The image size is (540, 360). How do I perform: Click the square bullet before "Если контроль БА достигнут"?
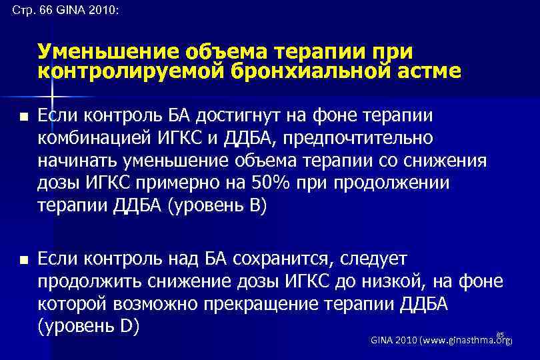point(23,117)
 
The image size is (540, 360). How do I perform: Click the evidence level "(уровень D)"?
point(87,327)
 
